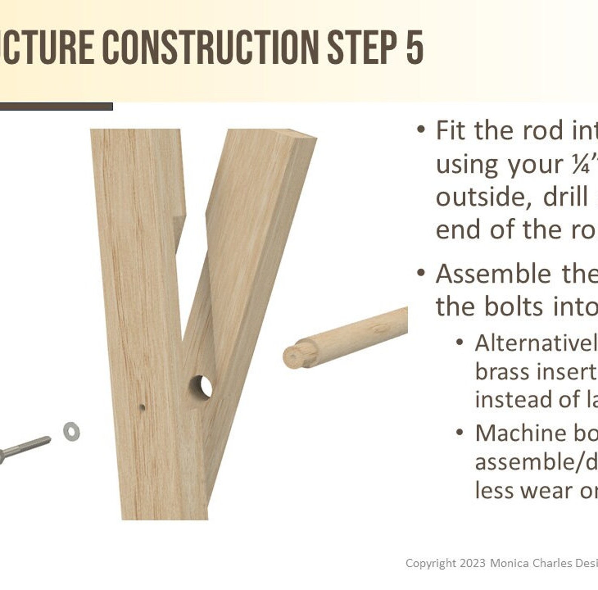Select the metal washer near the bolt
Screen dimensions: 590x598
point(71,431)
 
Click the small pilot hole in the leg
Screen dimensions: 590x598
point(142,407)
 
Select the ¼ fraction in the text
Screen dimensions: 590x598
point(580,164)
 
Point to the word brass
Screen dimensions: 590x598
point(497,372)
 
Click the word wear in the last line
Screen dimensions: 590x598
point(549,491)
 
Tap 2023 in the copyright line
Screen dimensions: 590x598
point(472,563)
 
